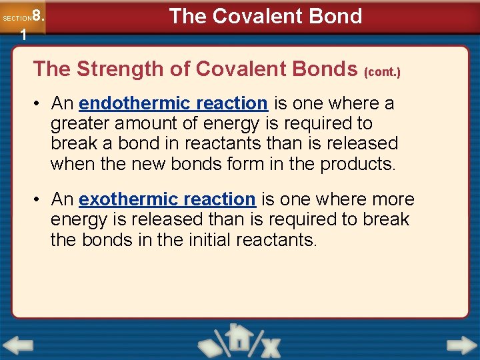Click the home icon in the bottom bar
coord(239,338)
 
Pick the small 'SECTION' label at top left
coord(17,19)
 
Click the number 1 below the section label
coord(23,35)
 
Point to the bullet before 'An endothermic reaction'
coord(40,104)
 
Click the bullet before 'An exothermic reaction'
coord(40,199)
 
